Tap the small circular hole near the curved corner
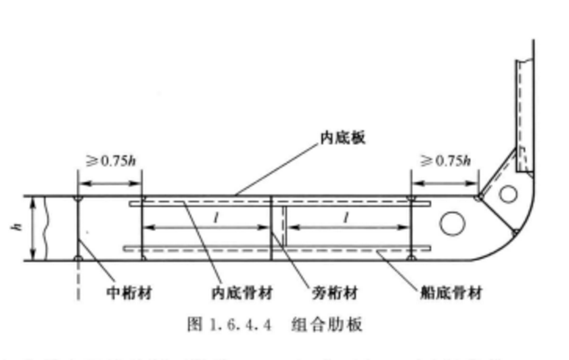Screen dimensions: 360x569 tap(508, 193)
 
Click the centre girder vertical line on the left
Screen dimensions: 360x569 tap(79, 227)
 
